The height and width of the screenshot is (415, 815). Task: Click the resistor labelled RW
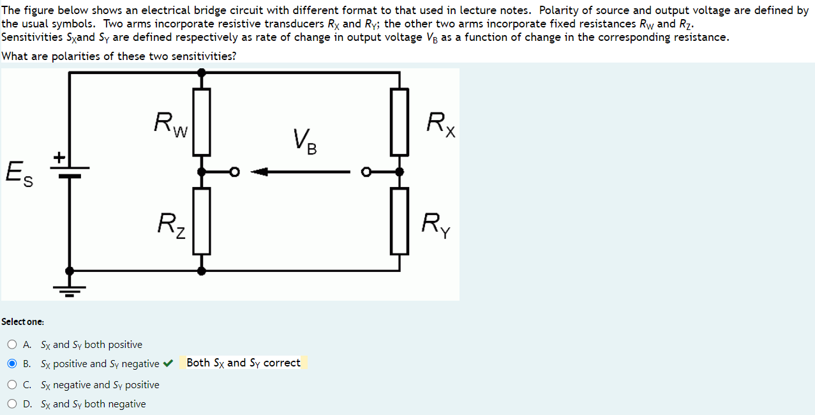(x=202, y=121)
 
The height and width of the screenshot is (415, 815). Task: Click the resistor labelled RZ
(x=202, y=221)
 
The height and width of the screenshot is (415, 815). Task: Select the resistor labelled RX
(x=400, y=121)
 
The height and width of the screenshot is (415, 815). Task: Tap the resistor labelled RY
(x=400, y=221)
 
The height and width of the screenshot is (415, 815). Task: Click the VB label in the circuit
(x=304, y=142)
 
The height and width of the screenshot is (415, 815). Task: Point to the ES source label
(x=19, y=173)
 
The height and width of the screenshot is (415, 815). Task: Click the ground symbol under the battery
(x=70, y=289)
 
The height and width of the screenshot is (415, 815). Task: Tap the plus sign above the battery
(x=59, y=156)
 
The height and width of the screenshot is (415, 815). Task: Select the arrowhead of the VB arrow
(x=259, y=172)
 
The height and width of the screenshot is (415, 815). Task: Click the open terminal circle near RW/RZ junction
(x=234, y=172)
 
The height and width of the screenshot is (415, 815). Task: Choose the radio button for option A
(x=13, y=345)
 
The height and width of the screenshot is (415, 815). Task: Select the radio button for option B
(x=13, y=364)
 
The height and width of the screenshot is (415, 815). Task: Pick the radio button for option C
(x=13, y=385)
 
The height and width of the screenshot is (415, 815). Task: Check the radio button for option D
(x=13, y=404)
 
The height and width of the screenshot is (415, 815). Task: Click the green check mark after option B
(x=168, y=364)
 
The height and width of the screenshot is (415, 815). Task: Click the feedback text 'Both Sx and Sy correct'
(x=243, y=363)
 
